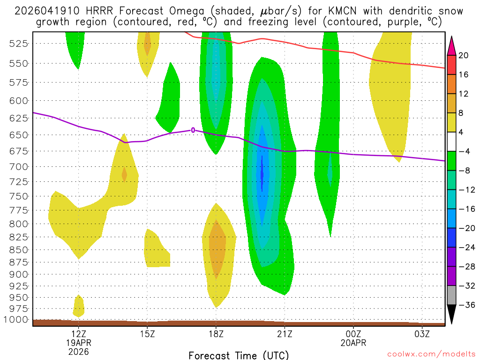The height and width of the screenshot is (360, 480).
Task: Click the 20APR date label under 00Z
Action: [x=353, y=343]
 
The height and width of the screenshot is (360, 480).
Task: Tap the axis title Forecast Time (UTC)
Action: [x=239, y=355]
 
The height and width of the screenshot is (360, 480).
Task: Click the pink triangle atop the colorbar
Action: [x=452, y=45]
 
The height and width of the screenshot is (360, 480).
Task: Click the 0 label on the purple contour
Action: [x=193, y=130]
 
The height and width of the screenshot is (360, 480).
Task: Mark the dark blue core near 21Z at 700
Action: [x=262, y=174]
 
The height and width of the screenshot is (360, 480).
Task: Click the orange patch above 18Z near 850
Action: [x=217, y=248]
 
